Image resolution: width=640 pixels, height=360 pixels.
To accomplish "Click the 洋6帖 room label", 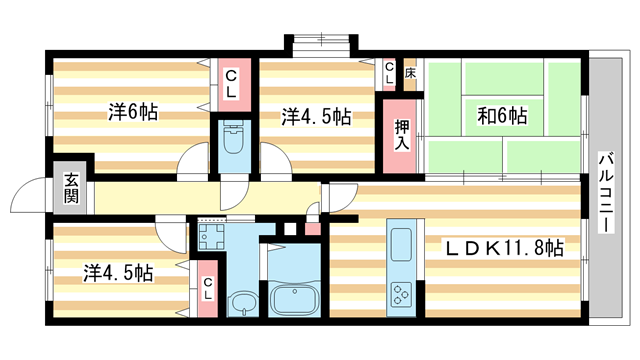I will [x=131, y=113].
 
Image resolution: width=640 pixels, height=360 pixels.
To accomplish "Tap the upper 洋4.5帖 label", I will [x=315, y=116].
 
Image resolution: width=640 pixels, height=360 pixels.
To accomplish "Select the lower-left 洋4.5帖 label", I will [x=117, y=271].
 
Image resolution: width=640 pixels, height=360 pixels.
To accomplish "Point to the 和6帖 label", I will [x=501, y=116].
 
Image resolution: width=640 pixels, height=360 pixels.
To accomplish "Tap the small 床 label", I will [x=410, y=73].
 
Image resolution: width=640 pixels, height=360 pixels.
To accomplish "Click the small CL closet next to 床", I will [x=390, y=73].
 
